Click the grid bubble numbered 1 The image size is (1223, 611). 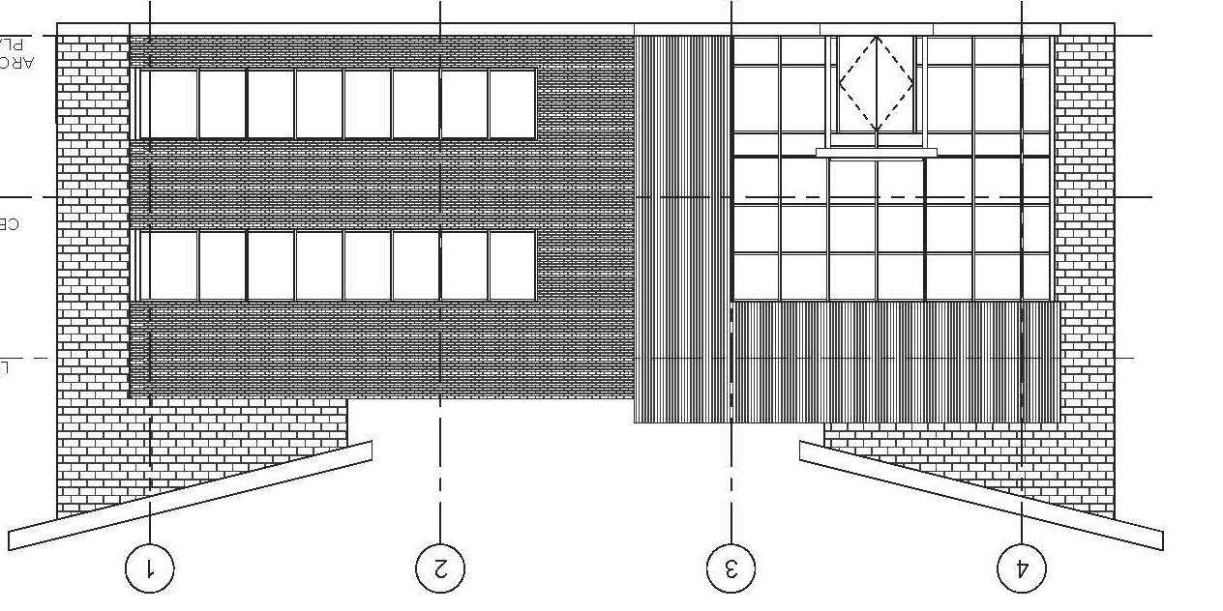tap(150, 568)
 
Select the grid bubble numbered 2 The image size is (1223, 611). tap(440, 568)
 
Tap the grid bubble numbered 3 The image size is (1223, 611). tap(731, 568)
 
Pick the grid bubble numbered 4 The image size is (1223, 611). tap(1022, 568)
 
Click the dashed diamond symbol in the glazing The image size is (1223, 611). tap(877, 84)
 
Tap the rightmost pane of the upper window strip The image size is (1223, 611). tap(512, 104)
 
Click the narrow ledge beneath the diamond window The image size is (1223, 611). tap(877, 152)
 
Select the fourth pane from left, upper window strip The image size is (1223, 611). tap(319, 104)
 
